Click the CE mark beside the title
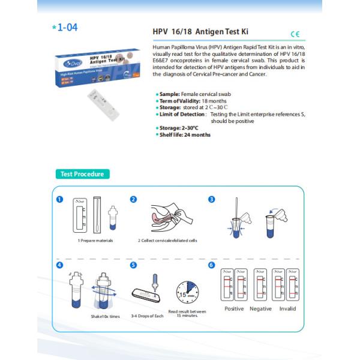(294, 34)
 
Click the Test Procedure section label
(82, 174)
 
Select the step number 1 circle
(59, 200)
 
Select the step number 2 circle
(134, 200)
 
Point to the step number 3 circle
(211, 200)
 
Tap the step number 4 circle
(59, 265)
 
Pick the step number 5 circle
(134, 265)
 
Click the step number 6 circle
(211, 265)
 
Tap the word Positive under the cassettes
(234, 308)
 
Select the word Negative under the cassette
(262, 308)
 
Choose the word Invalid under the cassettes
(287, 308)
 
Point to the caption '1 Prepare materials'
(95, 240)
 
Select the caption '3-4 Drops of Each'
(147, 315)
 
